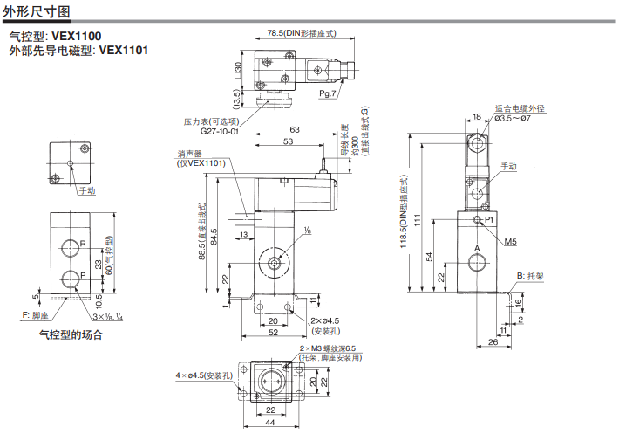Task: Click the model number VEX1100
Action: (x=76, y=36)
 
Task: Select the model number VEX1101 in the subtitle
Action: (x=124, y=50)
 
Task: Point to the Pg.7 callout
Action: (x=328, y=93)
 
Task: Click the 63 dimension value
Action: (x=295, y=129)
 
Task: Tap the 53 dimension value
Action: (x=287, y=141)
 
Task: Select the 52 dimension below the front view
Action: (x=273, y=333)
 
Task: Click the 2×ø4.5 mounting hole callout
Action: (x=325, y=320)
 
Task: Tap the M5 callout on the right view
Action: (x=511, y=240)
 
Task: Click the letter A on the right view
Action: (x=476, y=250)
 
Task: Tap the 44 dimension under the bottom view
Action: (x=271, y=423)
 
